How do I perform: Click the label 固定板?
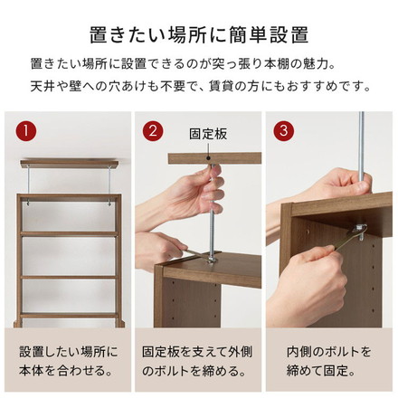[208, 133]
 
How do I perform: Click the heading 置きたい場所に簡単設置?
[199, 35]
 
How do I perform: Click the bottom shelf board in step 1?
[69, 314]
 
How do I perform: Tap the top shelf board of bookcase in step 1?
[69, 196]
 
